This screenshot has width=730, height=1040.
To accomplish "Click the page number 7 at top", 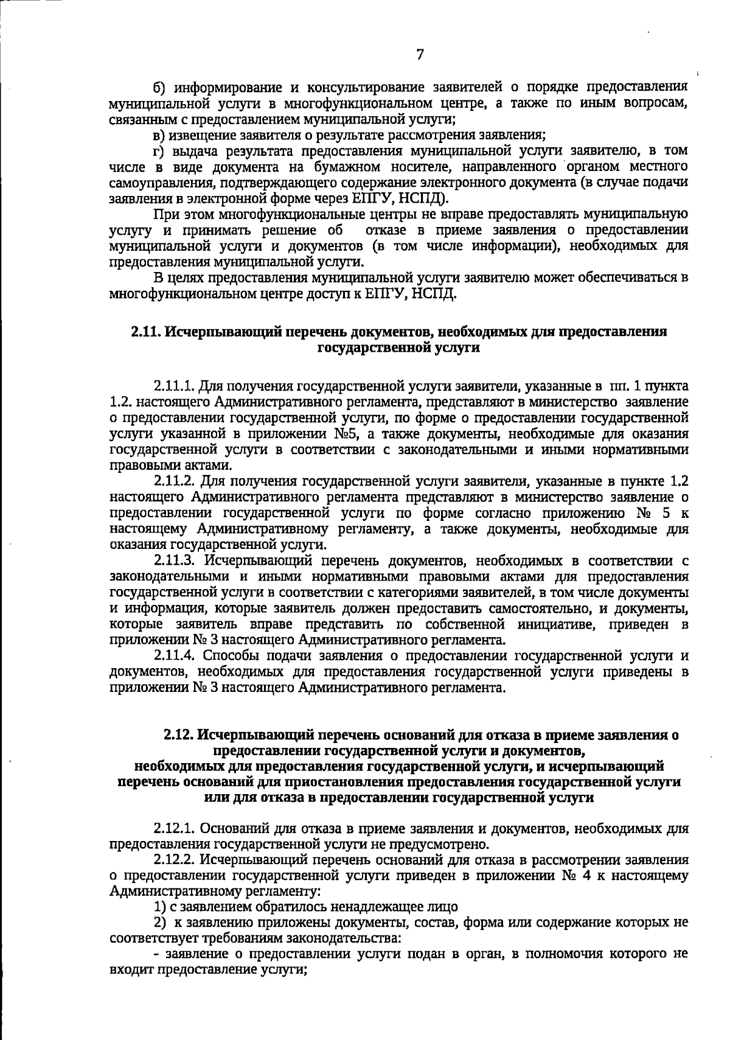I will (420, 55).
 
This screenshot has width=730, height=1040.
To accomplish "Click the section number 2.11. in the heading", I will (145, 332).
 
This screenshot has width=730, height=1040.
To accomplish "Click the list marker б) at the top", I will (159, 87).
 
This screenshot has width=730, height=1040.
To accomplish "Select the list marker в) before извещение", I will (158, 134).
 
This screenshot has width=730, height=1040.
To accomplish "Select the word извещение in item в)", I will (198, 134).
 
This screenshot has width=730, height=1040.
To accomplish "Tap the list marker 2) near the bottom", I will (159, 923).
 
